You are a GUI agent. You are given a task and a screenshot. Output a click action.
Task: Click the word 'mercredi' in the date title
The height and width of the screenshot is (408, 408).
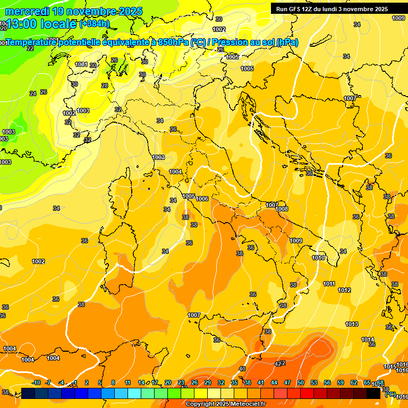pyautogui.click(x=27, y=11)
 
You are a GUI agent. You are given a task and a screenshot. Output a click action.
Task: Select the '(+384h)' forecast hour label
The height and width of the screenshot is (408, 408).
pyautogui.click(x=96, y=24)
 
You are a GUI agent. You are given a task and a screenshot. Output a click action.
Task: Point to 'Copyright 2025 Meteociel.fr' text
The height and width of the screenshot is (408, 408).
pyautogui.click(x=226, y=404)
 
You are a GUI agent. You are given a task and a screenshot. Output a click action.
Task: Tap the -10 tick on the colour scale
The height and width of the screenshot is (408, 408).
pyautogui.click(x=37, y=382)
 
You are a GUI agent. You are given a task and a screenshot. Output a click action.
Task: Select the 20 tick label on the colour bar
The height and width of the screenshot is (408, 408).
pyautogui.click(x=168, y=382)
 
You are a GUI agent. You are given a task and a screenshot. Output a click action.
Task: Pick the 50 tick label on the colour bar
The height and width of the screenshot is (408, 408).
pyautogui.click(x=301, y=382)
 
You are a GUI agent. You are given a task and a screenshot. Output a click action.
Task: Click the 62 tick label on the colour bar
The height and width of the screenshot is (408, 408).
pyautogui.click(x=354, y=382)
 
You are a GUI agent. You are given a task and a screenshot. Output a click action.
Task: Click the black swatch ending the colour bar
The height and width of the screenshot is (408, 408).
pyautogui.click(x=373, y=393)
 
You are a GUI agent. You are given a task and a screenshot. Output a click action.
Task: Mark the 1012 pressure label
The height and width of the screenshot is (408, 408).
pyautogui.click(x=344, y=290)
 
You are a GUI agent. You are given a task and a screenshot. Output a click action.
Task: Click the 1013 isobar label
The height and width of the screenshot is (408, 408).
pyautogui.click(x=352, y=324)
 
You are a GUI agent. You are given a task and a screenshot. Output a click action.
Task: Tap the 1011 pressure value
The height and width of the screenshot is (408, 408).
pyautogui.click(x=329, y=284)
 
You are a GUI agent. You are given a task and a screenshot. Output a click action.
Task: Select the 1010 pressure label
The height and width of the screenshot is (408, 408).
pyautogui.click(x=318, y=258)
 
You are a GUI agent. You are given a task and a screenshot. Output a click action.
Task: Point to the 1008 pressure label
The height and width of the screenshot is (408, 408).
pyautogui.click(x=282, y=209)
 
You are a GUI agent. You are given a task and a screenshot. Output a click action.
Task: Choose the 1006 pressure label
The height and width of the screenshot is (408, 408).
pyautogui.click(x=202, y=199)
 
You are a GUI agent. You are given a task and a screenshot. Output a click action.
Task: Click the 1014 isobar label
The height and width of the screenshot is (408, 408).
pyautogui.click(x=368, y=339)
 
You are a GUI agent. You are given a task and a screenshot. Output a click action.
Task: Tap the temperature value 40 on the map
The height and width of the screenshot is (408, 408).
pyautogui.click(x=242, y=369)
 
